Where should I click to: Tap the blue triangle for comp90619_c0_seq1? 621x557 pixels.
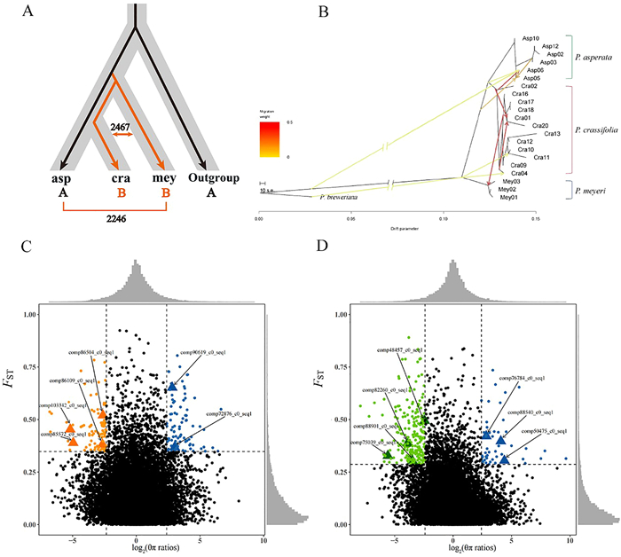[x=172, y=387]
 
